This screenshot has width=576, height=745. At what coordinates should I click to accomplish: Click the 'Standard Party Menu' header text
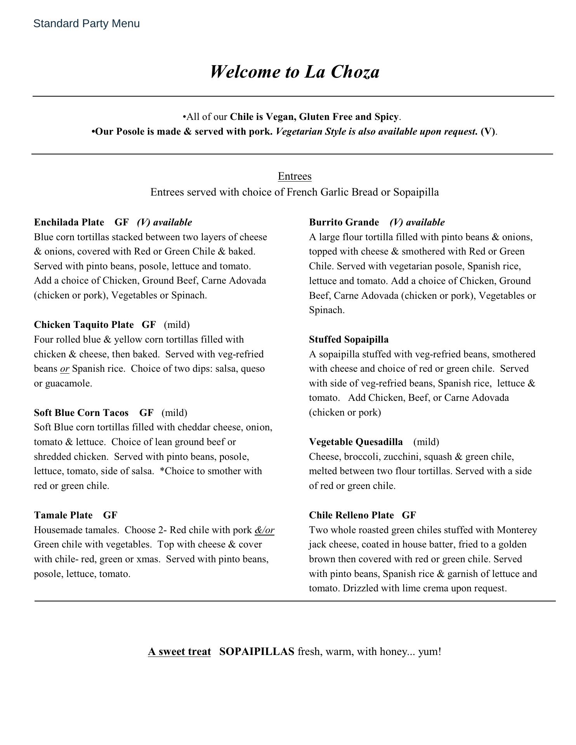point(86,24)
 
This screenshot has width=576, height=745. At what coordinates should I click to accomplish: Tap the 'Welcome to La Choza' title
point(295,72)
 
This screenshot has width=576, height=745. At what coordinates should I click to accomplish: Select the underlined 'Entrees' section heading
point(295,176)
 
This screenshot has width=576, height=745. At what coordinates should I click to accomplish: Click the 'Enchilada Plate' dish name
point(69,222)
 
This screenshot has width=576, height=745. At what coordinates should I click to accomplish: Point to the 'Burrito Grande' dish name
point(344,222)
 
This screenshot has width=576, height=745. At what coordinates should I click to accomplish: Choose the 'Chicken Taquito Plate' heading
point(84,324)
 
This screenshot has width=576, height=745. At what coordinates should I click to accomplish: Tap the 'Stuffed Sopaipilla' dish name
point(349,340)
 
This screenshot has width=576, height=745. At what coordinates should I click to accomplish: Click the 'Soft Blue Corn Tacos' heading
point(81,412)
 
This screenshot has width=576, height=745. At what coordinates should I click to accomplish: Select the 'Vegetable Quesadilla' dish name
point(356,442)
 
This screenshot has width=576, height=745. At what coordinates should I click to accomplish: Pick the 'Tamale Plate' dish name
point(63,515)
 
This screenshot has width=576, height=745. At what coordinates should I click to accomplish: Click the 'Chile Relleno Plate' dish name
point(351,515)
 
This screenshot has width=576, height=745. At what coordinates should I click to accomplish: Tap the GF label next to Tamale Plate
point(110,515)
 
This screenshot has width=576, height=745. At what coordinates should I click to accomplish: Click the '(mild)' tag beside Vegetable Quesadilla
point(426,442)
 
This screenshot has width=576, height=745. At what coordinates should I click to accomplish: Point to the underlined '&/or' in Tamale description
point(264,530)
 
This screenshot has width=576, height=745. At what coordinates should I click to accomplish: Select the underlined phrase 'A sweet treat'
point(179,651)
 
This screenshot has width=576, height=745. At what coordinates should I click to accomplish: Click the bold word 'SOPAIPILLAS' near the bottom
point(257,651)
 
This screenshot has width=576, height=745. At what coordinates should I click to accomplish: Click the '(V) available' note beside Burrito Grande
point(417,222)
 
